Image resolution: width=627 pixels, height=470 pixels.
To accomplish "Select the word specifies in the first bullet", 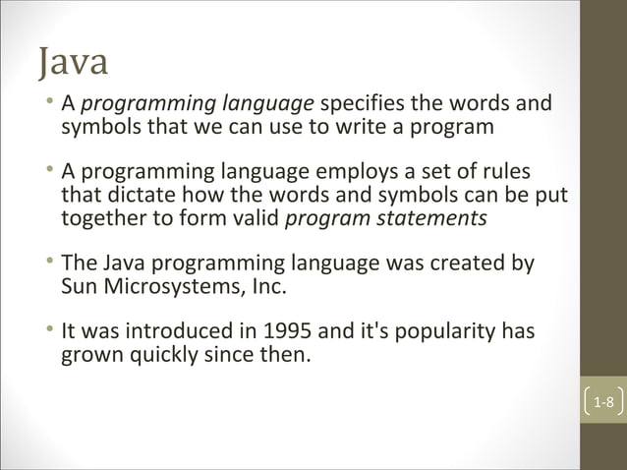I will click(363, 104).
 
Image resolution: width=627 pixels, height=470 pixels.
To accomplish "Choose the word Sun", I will click(79, 288).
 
